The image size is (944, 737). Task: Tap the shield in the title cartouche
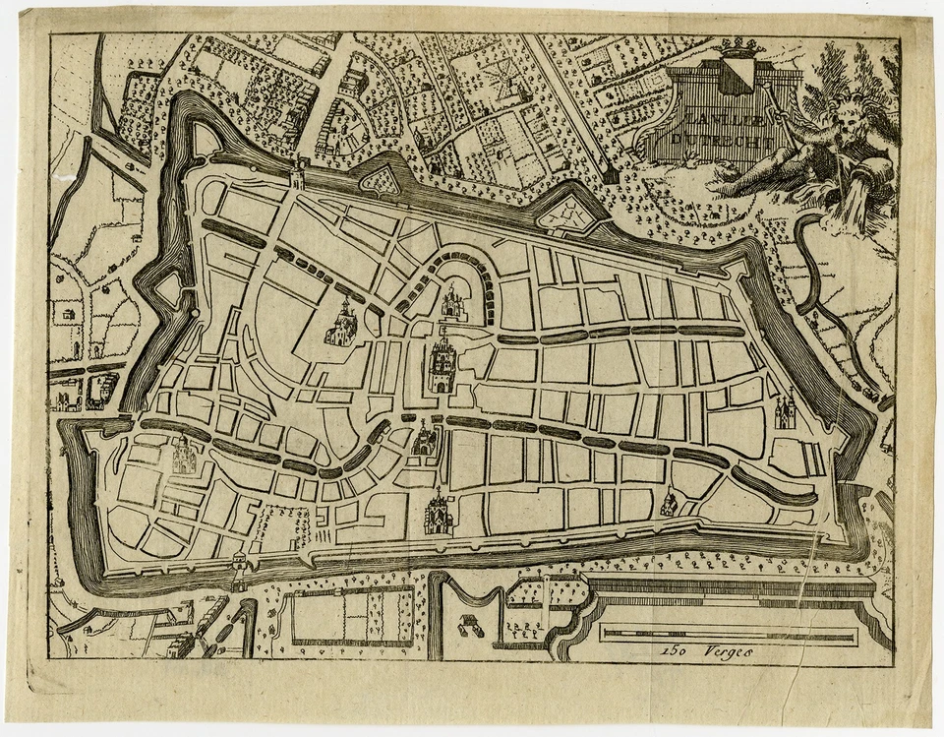click(736, 78)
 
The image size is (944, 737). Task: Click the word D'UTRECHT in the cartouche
click(713, 139)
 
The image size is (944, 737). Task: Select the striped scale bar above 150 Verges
click(729, 634)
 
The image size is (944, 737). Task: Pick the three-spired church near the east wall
click(787, 410)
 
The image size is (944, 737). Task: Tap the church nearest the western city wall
click(184, 456)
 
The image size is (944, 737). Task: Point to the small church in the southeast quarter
click(669, 503)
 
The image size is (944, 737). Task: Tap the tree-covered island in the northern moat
click(380, 180)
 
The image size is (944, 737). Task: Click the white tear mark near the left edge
click(66, 178)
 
